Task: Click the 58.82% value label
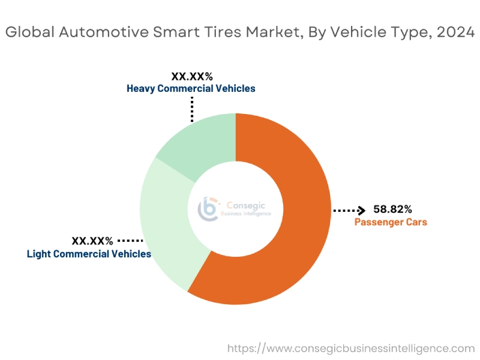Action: [392, 209]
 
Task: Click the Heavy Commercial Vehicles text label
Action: [191, 88]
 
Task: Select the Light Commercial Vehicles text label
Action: [89, 254]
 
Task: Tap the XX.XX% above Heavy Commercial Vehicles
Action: [192, 76]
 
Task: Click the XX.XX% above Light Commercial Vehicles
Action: [92, 241]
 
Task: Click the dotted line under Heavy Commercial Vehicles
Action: [192, 109]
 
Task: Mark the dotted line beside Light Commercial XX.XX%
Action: [130, 241]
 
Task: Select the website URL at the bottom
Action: [350, 348]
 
